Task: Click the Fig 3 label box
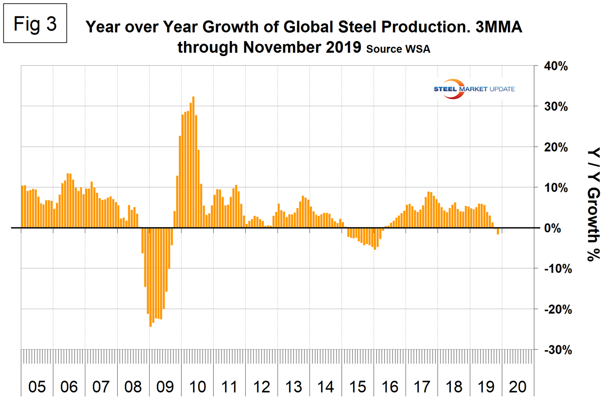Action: click(x=35, y=24)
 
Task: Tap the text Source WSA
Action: click(x=398, y=49)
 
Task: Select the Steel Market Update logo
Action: click(x=474, y=89)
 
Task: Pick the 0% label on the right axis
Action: click(x=553, y=228)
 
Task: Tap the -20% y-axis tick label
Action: click(x=558, y=309)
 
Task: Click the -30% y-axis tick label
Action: click(x=558, y=350)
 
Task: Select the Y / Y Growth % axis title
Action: click(x=593, y=204)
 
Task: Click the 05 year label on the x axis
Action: click(x=37, y=387)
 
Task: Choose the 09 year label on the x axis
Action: click(x=165, y=387)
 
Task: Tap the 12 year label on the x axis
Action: click(x=262, y=387)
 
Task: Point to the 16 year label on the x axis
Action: click(x=390, y=387)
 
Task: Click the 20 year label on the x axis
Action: click(x=518, y=387)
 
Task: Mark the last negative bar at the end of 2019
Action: click(x=498, y=231)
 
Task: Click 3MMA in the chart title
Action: click(x=499, y=27)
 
